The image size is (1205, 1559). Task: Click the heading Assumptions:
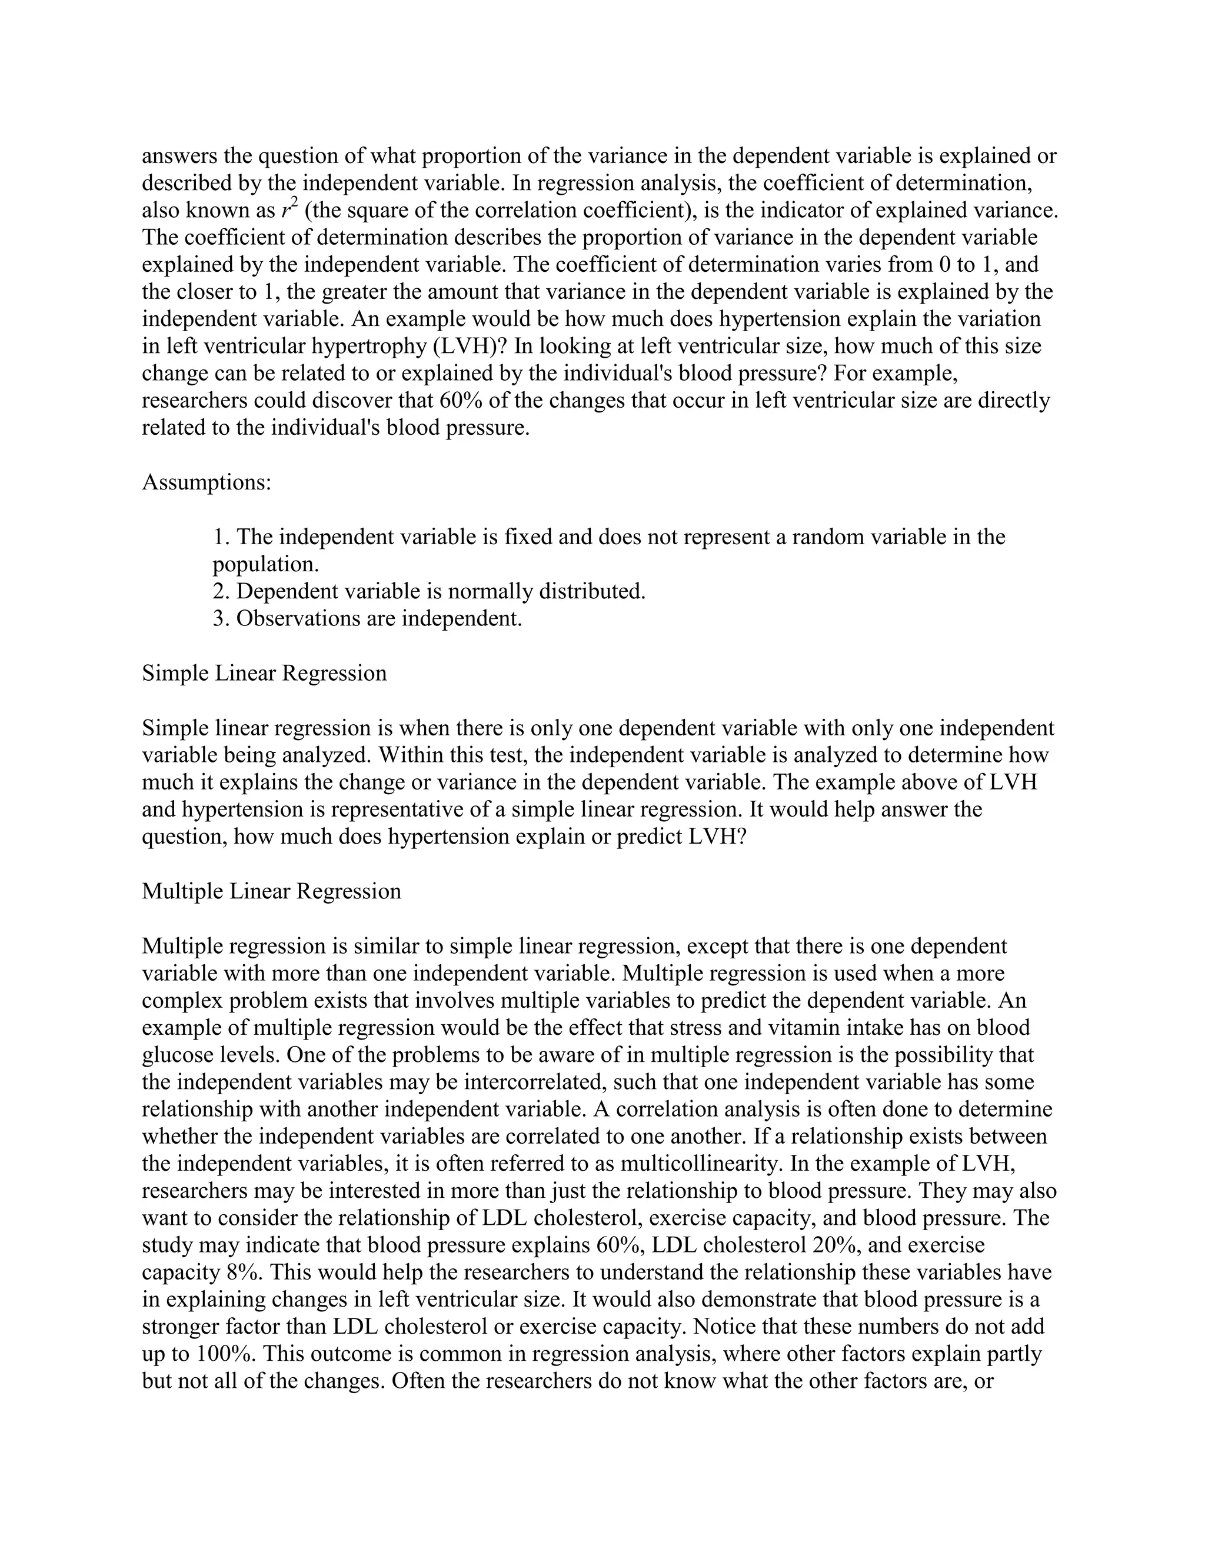[x=207, y=482]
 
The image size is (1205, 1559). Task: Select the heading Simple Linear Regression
[x=264, y=672]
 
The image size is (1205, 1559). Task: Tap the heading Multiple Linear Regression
[x=271, y=891]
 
